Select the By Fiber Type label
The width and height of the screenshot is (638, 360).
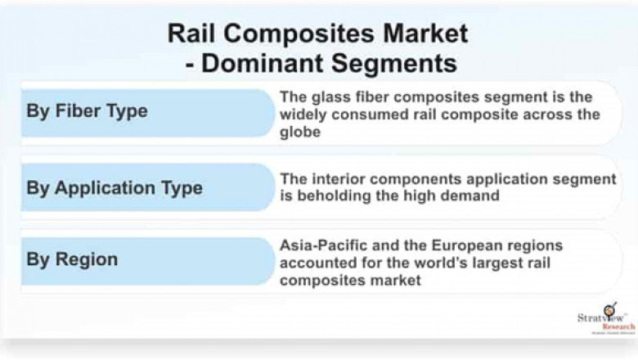click(x=87, y=112)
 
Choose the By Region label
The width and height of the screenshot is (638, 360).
click(x=72, y=260)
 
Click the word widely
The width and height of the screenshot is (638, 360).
click(x=304, y=115)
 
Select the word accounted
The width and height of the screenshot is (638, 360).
click(x=314, y=263)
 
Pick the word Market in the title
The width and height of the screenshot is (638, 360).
click(x=417, y=33)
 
